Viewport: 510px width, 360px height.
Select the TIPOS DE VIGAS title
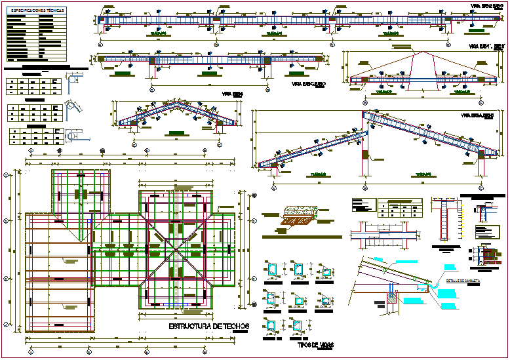(x=313, y=344)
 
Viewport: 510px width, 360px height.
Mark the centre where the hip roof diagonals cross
(x=177, y=249)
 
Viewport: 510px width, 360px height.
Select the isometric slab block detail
(x=298, y=217)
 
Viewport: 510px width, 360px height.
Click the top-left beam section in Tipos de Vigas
(x=272, y=270)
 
